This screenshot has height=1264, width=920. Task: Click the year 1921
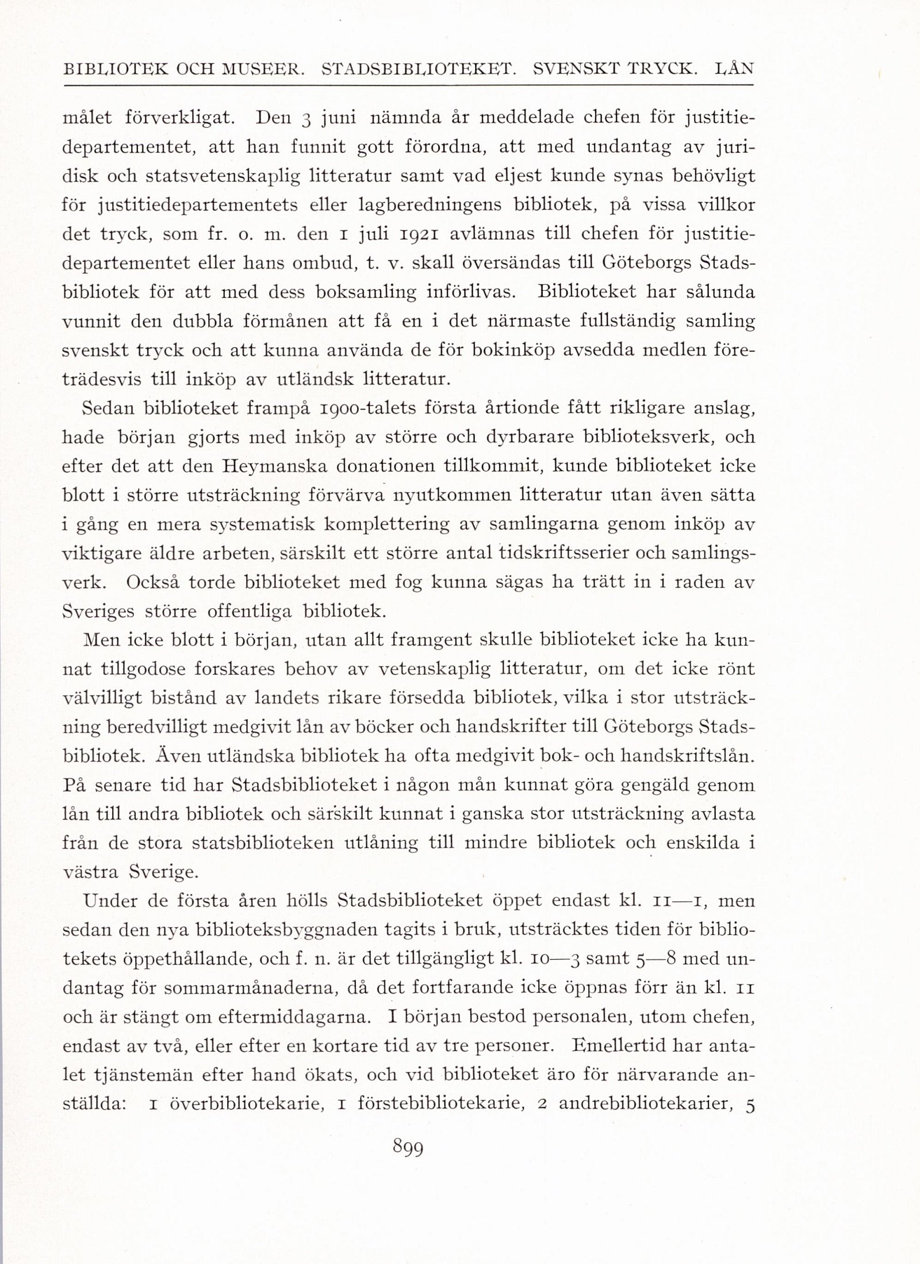pyautogui.click(x=420, y=234)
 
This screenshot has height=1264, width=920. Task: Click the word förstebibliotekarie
pyautogui.click(x=440, y=1104)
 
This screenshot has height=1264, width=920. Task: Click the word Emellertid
pyautogui.click(x=618, y=1046)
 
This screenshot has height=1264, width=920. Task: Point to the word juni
pyautogui.click(x=339, y=118)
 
